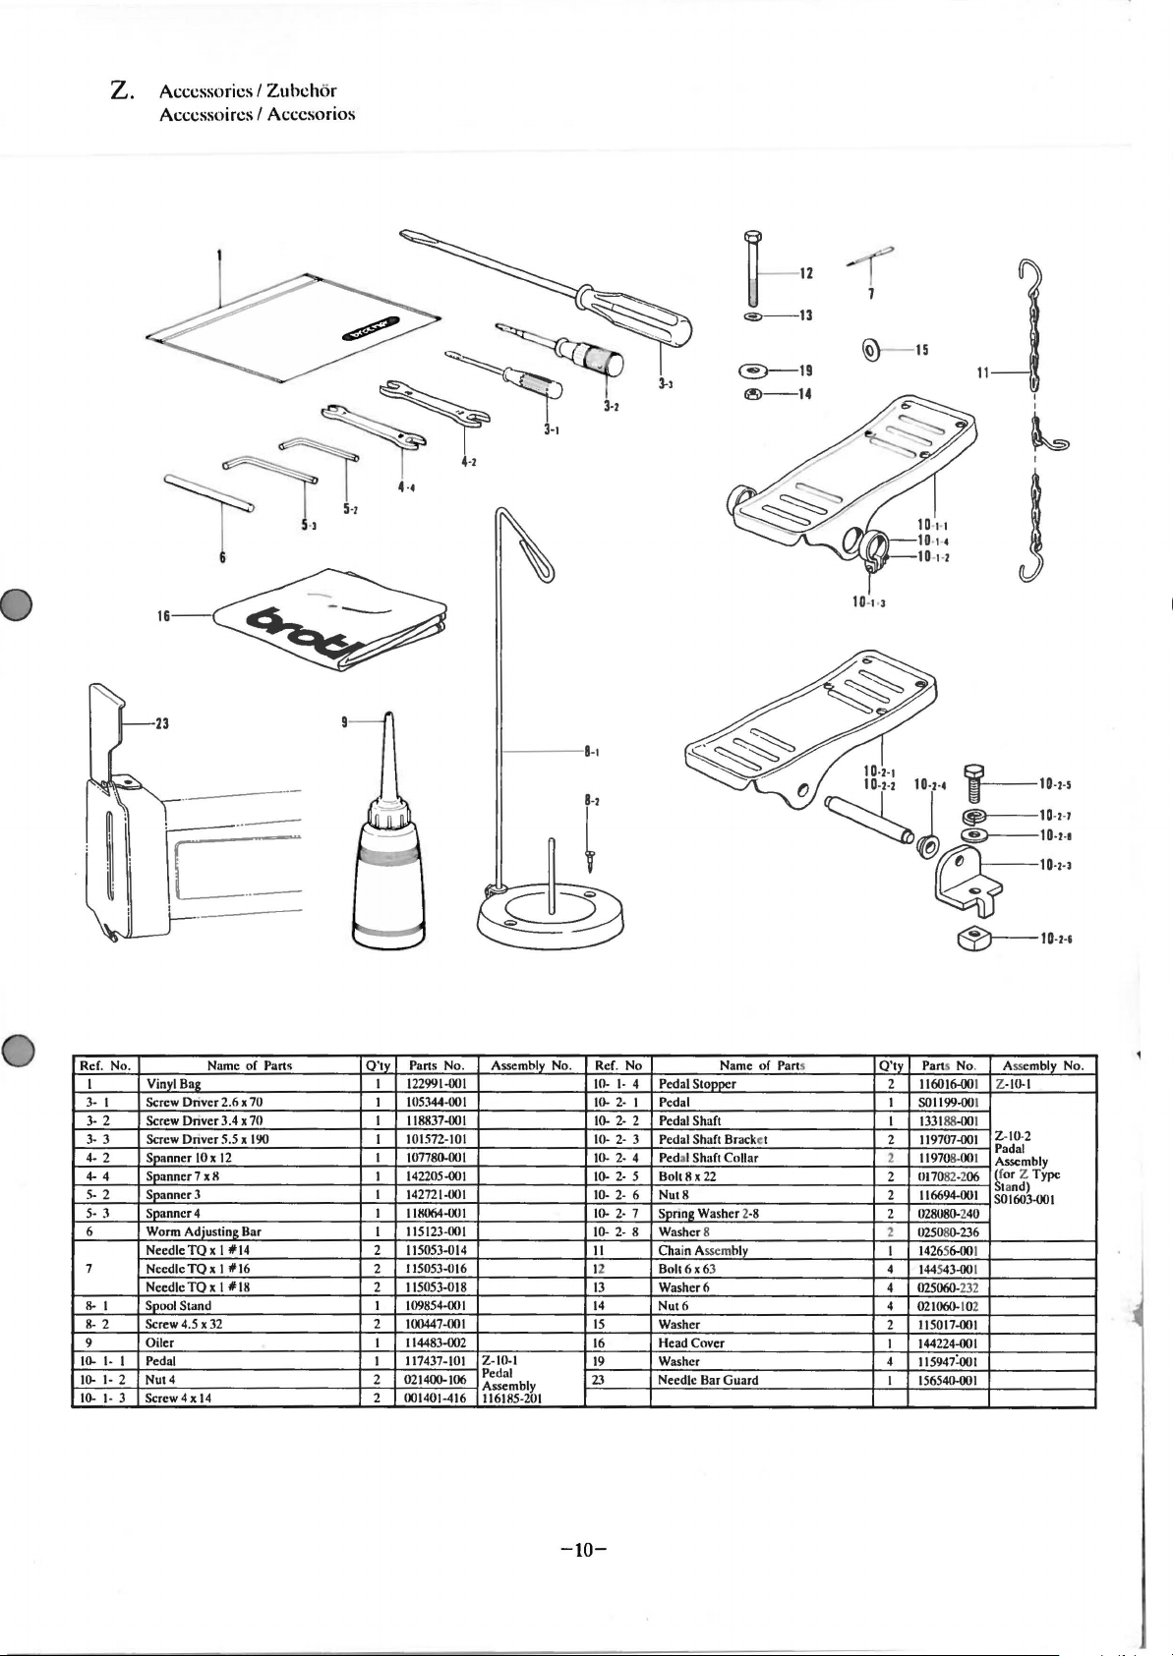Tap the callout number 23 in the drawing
[x=161, y=723]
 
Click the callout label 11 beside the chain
[x=983, y=373]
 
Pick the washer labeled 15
[x=871, y=348]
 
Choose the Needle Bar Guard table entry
[x=708, y=1380]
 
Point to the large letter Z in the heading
[x=122, y=91]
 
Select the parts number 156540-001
[x=948, y=1380]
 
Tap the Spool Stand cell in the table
[x=178, y=1305]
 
